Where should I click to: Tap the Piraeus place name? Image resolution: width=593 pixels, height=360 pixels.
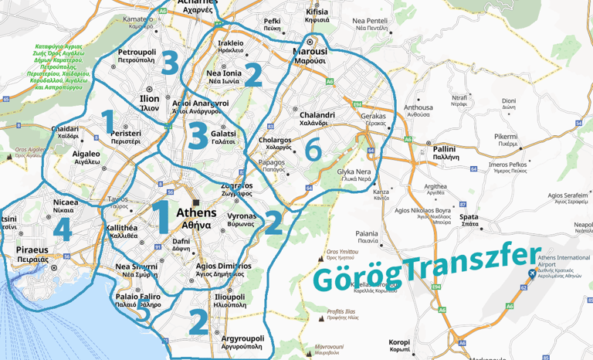click(x=32, y=250)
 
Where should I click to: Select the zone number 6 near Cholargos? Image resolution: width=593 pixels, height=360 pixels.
click(x=312, y=150)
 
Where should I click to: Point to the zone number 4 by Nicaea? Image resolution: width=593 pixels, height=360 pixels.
click(x=62, y=229)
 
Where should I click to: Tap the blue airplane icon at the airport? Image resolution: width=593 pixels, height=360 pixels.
click(x=531, y=274)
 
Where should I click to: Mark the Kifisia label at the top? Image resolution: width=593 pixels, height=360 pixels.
click(x=317, y=12)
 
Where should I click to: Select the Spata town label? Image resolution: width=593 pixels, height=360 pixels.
click(x=469, y=217)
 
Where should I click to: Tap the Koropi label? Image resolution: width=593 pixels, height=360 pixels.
click(x=399, y=341)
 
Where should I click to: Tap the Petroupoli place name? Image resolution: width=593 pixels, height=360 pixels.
click(x=137, y=53)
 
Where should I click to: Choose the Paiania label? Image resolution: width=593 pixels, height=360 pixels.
click(x=367, y=233)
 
